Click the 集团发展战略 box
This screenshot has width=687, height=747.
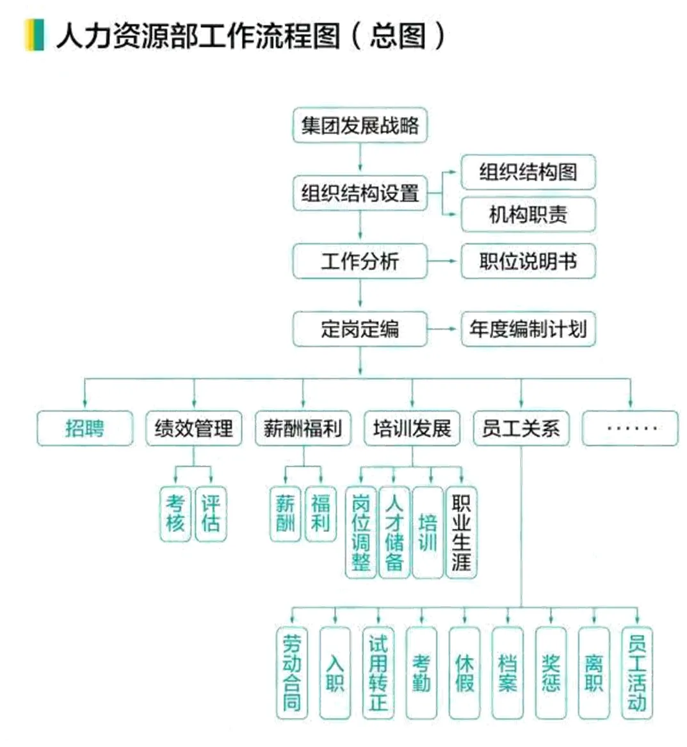(359, 125)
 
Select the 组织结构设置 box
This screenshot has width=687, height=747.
(359, 193)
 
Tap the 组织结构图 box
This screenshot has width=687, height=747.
(528, 172)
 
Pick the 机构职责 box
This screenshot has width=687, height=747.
(528, 214)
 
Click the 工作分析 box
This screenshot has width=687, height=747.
(359, 261)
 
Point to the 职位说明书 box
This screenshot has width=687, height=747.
(528, 261)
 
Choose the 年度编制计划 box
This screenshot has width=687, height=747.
(528, 329)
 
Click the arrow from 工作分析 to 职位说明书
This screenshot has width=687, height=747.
(444, 261)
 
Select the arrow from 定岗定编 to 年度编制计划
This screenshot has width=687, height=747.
(444, 329)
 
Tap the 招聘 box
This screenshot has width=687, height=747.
(85, 428)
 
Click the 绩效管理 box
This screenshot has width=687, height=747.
(193, 428)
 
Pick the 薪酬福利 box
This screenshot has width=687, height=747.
(303, 428)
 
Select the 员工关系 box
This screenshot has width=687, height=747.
(521, 428)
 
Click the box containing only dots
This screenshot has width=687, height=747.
(630, 428)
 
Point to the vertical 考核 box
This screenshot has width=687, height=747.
(175, 514)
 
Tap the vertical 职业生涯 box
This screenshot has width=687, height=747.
(460, 533)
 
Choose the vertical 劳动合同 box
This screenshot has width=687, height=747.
(291, 672)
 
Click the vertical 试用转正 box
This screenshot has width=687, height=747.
(378, 672)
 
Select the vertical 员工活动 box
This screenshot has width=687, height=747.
(636, 672)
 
